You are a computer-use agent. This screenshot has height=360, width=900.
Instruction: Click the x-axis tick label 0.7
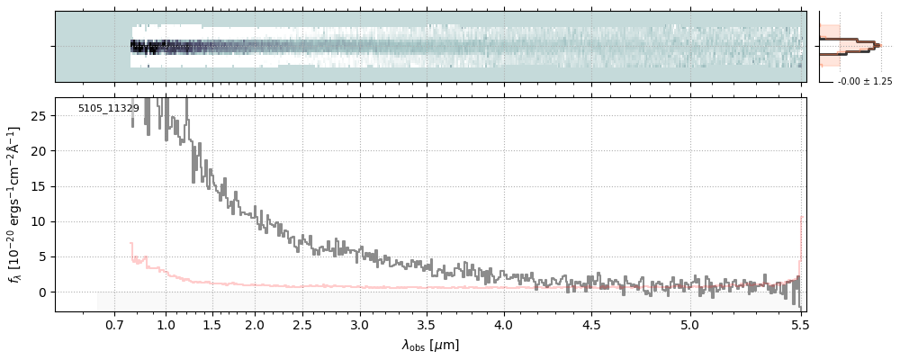[114, 324]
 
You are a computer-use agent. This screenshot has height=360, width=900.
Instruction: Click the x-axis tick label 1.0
[166, 324]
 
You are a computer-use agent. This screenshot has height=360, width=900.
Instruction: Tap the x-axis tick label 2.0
[255, 324]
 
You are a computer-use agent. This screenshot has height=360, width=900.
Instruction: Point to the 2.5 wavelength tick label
[302, 324]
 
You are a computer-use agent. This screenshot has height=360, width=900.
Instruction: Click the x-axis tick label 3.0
[360, 324]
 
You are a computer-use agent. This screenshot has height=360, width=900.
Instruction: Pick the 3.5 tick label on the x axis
[427, 324]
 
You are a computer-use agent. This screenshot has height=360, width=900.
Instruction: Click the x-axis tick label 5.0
[690, 324]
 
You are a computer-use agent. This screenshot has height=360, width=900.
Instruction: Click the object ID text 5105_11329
[108, 109]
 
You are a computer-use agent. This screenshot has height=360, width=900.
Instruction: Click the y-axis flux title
[15, 204]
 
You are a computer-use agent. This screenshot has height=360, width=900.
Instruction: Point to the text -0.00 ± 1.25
[864, 82]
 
